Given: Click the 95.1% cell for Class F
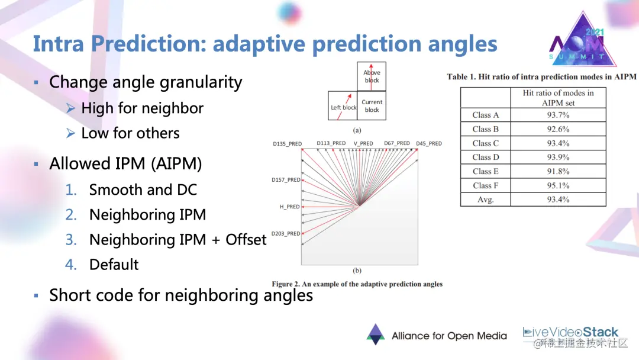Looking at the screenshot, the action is click(558, 185).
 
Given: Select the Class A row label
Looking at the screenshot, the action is click(485, 115).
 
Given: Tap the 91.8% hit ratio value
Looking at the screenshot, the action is click(558, 171).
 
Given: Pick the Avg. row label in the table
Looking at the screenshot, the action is click(485, 200).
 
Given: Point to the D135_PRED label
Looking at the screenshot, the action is click(287, 143).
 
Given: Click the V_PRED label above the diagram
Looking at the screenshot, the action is click(363, 143).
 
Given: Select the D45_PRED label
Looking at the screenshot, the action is click(429, 143).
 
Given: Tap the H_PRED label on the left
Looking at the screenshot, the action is click(290, 207).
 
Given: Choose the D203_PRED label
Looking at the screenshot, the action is click(286, 234).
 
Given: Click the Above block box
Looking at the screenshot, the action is click(372, 76).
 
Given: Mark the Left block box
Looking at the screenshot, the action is click(343, 106).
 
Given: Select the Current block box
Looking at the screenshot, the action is click(372, 106).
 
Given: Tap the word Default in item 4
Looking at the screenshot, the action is click(114, 264).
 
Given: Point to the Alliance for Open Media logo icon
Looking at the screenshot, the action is click(375, 335).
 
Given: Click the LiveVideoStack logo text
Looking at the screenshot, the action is click(570, 332).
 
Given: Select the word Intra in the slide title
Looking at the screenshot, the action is click(58, 44).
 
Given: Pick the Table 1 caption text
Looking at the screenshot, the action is click(541, 76).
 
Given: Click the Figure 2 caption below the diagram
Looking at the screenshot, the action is click(357, 284).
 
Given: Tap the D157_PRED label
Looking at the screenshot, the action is click(286, 179).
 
